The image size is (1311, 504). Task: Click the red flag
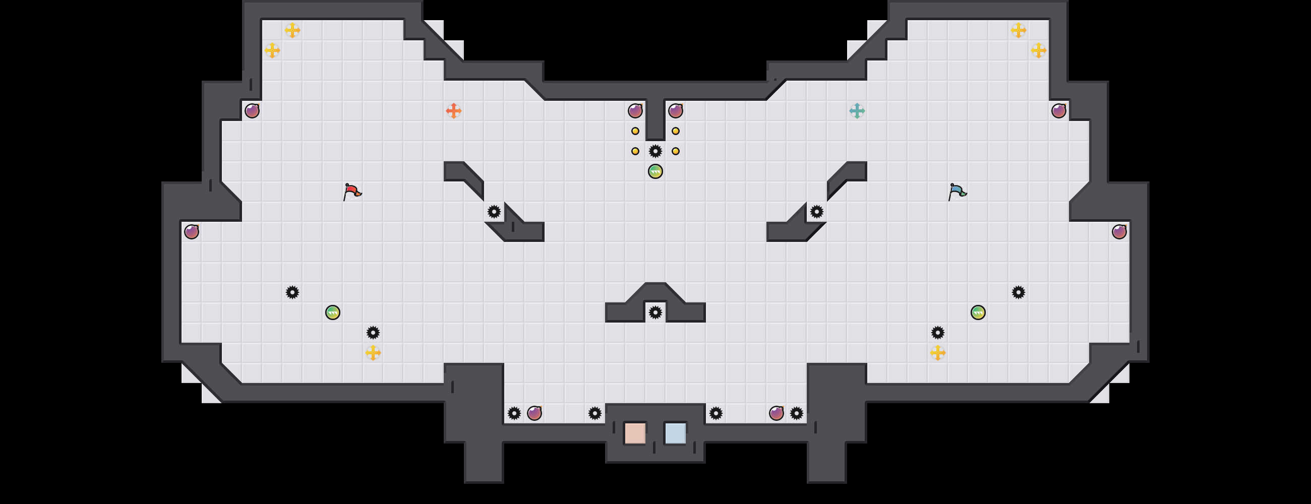351,192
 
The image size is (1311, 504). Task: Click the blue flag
957,192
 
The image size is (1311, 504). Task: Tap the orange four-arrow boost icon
453,111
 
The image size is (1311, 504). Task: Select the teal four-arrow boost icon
857,111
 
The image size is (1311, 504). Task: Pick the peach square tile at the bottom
635,433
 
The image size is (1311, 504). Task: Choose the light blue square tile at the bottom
675,433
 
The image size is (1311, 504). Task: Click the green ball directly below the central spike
655,171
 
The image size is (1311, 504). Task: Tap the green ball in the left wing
333,312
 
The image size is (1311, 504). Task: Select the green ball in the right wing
978,312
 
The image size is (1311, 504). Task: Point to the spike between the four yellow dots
655,151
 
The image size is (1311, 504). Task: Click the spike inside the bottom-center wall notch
655,312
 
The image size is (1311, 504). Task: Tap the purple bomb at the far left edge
192,232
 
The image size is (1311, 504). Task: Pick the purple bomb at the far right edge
1119,232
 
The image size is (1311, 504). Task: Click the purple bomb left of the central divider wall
635,111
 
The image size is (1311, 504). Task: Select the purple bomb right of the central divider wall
675,111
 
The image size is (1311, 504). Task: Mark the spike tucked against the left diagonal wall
494,212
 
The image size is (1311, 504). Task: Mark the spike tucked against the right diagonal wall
817,212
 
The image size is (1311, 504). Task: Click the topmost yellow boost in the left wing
292,30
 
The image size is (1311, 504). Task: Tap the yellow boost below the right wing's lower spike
938,352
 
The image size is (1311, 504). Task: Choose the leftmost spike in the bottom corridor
514,413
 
